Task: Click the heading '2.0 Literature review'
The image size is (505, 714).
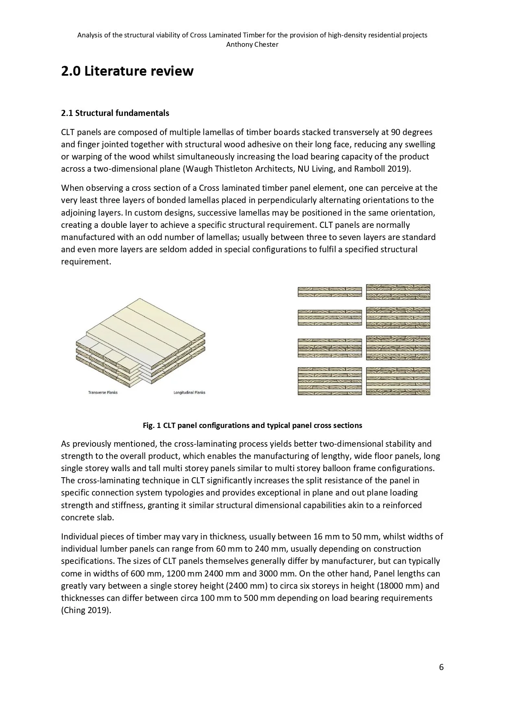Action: point(127,71)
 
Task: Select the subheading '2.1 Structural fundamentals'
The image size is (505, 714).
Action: point(115,113)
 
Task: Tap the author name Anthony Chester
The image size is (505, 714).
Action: point(252,45)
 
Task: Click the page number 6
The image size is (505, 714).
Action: point(441,667)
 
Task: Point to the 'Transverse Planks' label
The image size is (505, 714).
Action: point(103,393)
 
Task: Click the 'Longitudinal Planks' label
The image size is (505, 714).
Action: point(189,393)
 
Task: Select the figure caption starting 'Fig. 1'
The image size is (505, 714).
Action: point(252,426)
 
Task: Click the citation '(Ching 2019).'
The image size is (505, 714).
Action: point(86,610)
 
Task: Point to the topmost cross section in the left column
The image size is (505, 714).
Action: point(330,292)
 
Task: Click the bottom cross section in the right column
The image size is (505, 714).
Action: point(398,381)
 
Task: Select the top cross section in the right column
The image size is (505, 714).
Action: point(398,292)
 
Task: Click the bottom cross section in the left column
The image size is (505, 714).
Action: point(330,381)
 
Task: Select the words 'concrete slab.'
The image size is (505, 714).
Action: point(87,517)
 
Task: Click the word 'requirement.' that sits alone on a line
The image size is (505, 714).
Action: point(86,262)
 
